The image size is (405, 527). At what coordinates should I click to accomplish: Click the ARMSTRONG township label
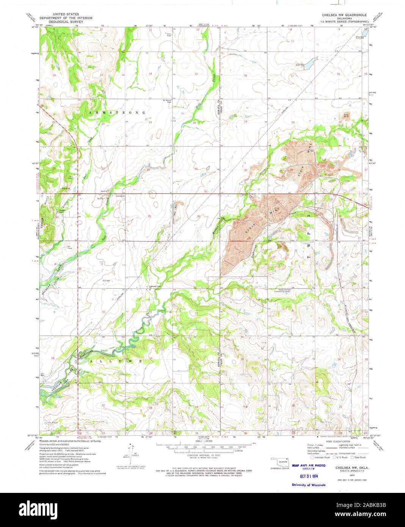(117, 113)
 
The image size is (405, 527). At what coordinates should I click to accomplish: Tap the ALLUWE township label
(116, 361)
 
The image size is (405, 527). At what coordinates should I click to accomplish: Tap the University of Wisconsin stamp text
(308, 485)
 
